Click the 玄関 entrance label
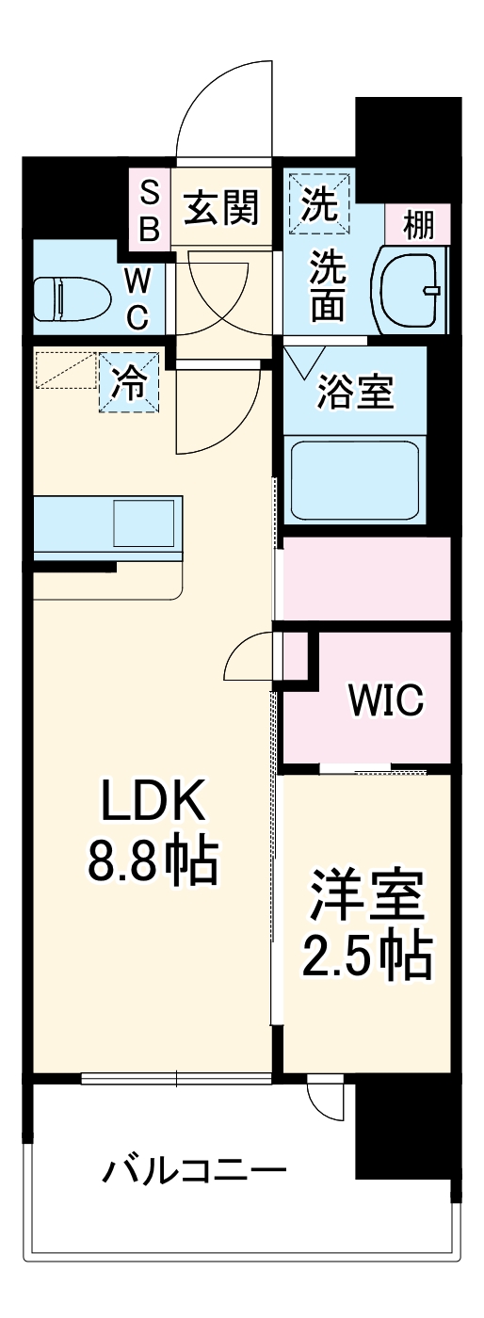221,207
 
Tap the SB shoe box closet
150,210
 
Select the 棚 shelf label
418,225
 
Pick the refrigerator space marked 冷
129,382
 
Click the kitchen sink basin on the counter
144,523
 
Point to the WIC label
386,699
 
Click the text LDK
153,801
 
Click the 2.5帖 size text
367,956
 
